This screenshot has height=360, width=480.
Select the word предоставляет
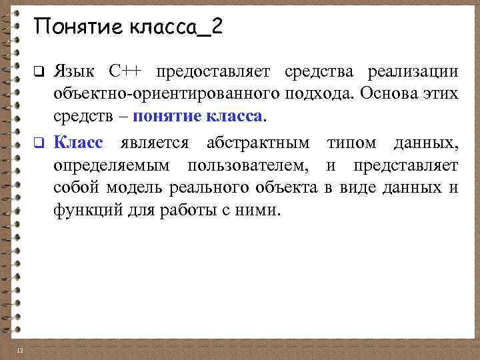212,71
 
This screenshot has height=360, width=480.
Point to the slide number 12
20,351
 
